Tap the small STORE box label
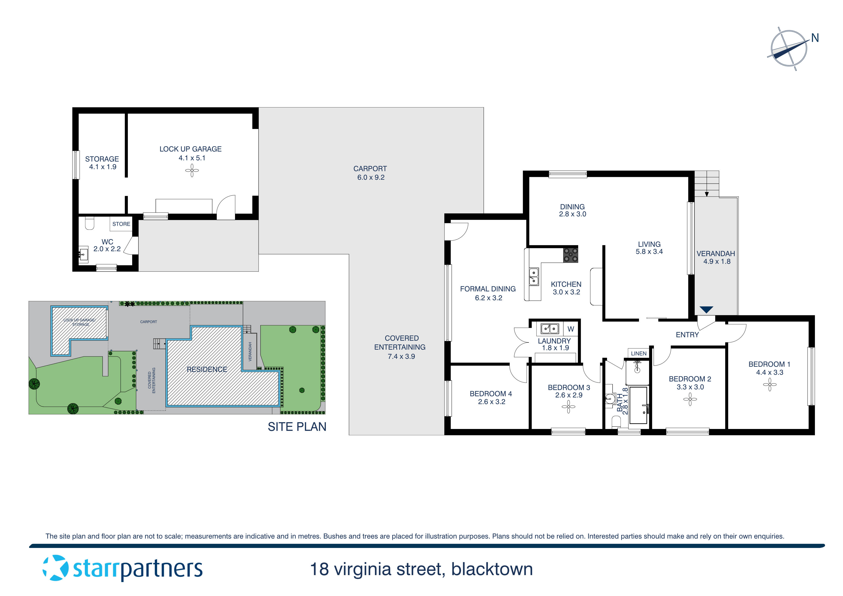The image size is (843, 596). [121, 224]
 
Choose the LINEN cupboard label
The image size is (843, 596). [638, 354]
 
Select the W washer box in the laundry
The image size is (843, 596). [570, 329]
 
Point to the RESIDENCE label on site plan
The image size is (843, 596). [207, 369]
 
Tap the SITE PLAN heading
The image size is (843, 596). [297, 427]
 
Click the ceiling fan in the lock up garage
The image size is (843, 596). [192, 170]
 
